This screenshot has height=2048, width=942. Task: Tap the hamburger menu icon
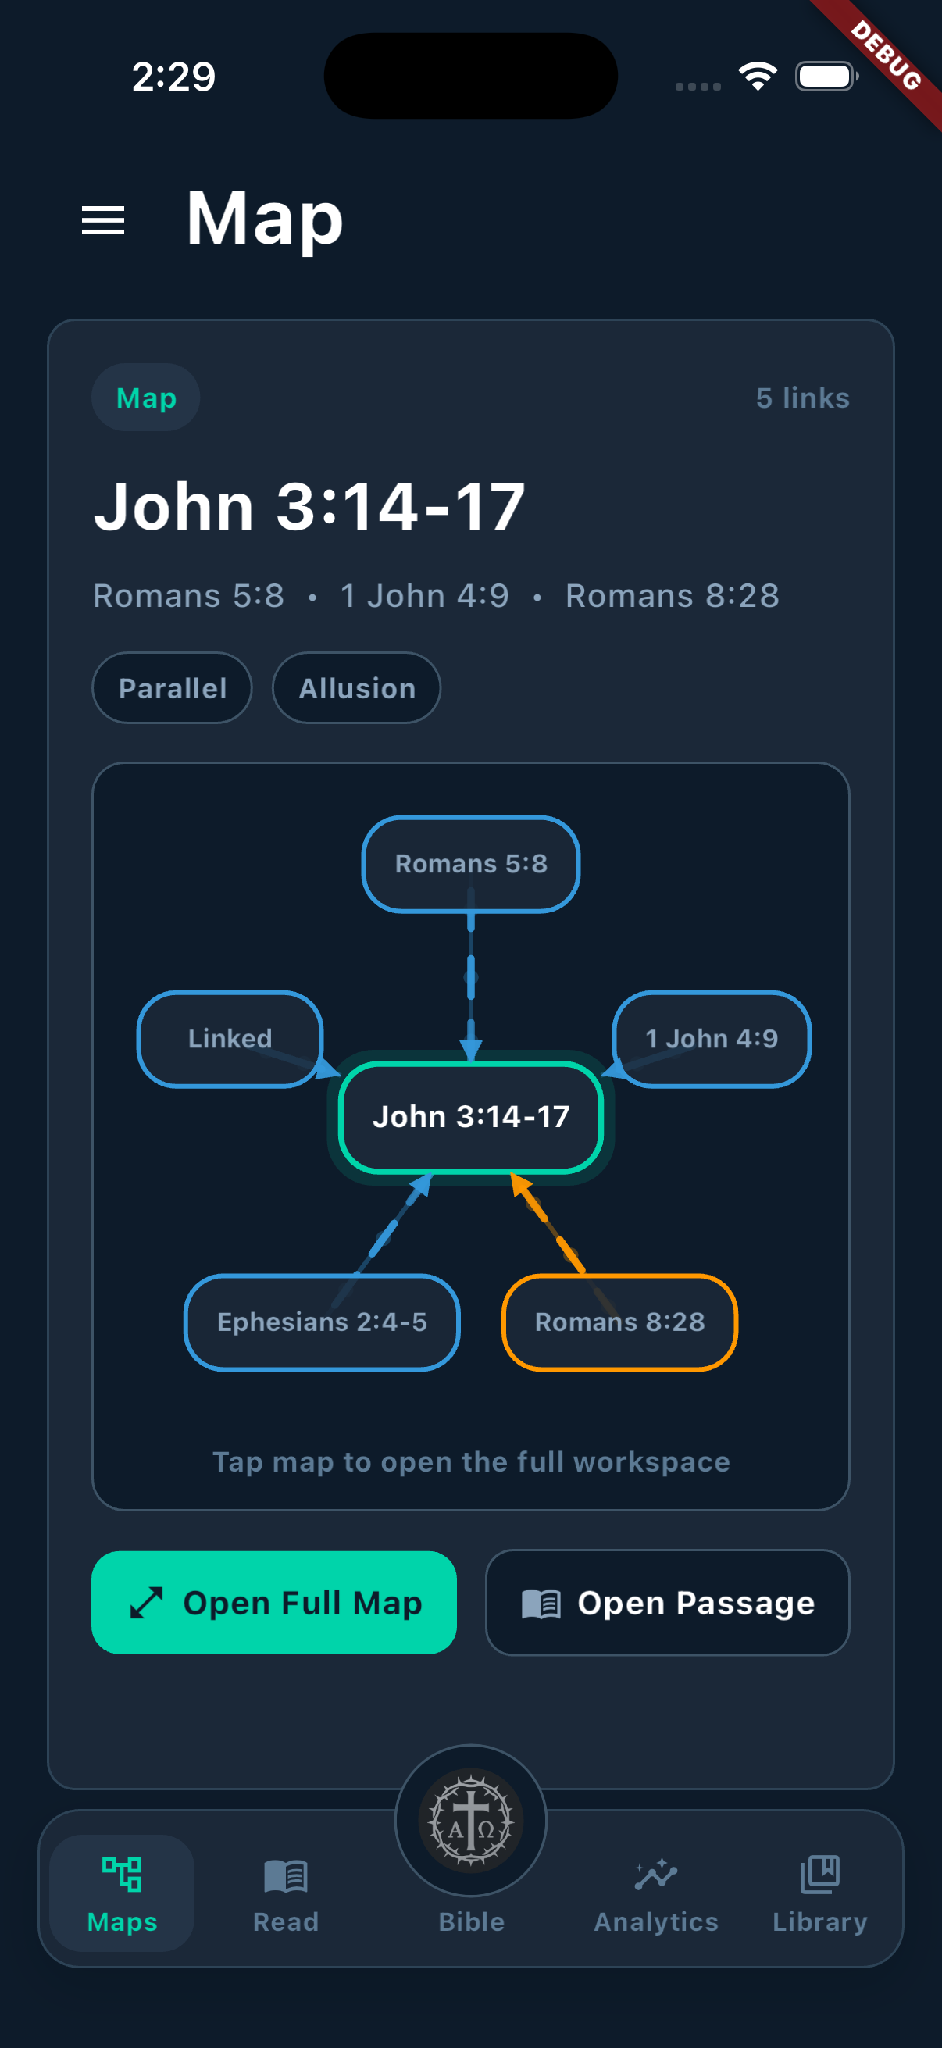[103, 220]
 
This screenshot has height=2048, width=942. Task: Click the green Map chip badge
[145, 398]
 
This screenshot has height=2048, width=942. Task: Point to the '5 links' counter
[802, 398]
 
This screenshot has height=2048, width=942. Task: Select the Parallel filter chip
[173, 687]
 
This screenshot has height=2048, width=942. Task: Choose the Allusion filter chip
[356, 687]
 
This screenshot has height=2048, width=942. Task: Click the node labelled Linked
[230, 1038]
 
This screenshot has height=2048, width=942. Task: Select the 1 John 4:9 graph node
[712, 1038]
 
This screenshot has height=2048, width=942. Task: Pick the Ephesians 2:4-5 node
[322, 1322]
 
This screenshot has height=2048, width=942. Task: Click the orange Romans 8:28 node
[620, 1322]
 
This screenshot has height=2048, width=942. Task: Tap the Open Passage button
[667, 1603]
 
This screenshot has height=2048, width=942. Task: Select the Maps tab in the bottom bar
[122, 1893]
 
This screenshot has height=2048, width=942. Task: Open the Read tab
[285, 1893]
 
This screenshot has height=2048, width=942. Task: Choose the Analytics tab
[656, 1893]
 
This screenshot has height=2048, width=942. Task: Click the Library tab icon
[819, 1874]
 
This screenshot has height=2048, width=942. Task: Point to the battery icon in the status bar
[826, 77]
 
